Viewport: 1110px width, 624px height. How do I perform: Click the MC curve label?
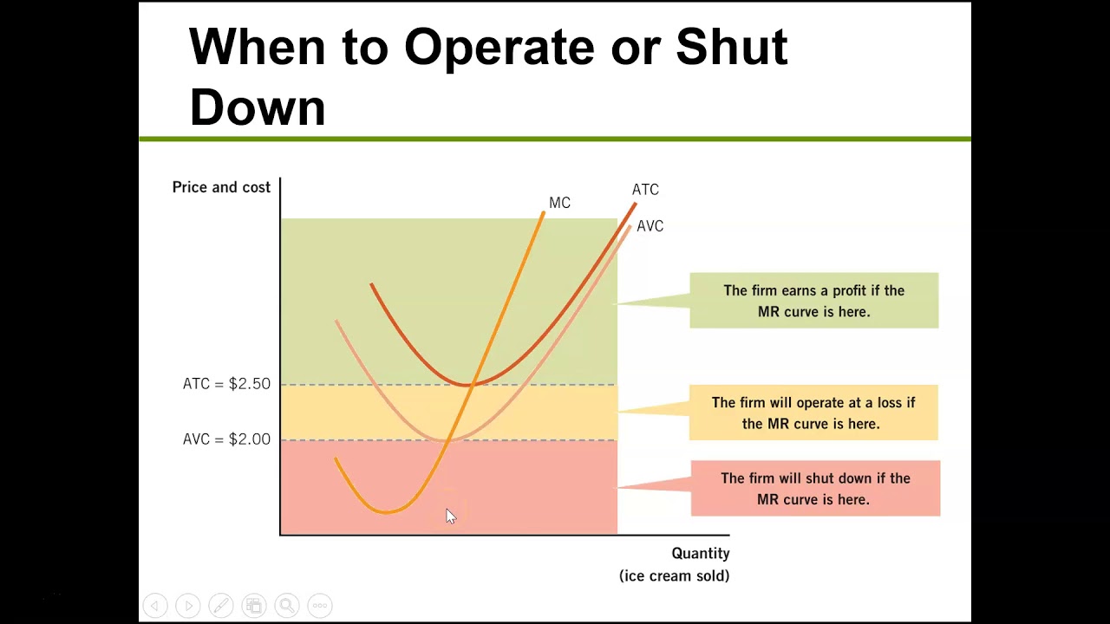[x=559, y=203]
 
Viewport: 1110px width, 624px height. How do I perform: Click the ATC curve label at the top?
[x=645, y=190]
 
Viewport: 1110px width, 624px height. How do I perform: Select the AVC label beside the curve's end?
[x=650, y=226]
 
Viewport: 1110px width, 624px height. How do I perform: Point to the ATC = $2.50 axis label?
[x=226, y=384]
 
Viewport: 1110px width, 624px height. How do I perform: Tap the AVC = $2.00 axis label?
[x=226, y=439]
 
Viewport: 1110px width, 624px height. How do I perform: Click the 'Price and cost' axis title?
[x=221, y=187]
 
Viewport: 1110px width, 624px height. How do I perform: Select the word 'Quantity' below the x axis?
[x=700, y=554]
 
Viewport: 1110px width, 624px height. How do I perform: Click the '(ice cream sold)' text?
[x=674, y=575]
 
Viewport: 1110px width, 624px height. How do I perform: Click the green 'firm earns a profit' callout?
[x=813, y=301]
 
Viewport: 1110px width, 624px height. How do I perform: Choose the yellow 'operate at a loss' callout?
[x=813, y=413]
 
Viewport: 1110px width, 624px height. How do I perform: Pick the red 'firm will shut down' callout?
[x=815, y=489]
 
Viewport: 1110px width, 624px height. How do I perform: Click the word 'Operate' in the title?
[x=499, y=47]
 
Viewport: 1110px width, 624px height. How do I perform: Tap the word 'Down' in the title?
[x=257, y=107]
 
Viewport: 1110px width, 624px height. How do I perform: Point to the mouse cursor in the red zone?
[x=449, y=516]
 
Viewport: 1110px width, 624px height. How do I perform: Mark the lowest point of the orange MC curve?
[x=386, y=512]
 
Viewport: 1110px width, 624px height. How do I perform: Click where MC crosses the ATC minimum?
[x=469, y=384]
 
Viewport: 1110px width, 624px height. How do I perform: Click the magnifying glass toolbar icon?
[x=286, y=606]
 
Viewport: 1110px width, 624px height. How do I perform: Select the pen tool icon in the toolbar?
[x=220, y=606]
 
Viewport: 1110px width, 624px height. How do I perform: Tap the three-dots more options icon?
[x=319, y=606]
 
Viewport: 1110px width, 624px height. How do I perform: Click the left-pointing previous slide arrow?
[x=154, y=606]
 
